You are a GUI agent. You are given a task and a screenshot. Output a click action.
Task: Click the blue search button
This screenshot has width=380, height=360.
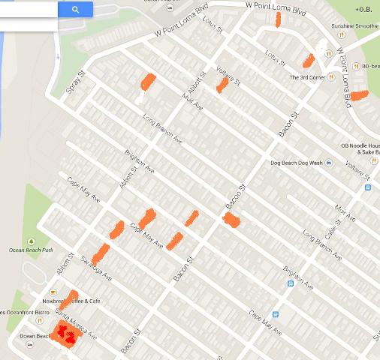[x=76, y=9]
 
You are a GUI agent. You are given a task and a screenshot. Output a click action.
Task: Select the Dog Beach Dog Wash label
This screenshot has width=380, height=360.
[x=297, y=163]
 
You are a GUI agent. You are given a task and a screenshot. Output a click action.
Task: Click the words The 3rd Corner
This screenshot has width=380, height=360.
[x=306, y=77]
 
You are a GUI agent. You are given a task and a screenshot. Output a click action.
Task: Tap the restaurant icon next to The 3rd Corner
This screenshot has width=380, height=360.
[x=330, y=77]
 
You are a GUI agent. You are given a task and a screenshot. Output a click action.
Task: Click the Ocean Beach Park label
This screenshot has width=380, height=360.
[x=30, y=250]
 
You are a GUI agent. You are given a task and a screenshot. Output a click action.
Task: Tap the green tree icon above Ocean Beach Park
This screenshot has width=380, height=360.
[x=31, y=241]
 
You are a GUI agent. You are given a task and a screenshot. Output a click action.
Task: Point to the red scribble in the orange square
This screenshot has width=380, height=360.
[x=66, y=334]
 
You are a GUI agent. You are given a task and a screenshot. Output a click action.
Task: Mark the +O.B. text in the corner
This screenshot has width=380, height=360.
[x=365, y=10]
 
